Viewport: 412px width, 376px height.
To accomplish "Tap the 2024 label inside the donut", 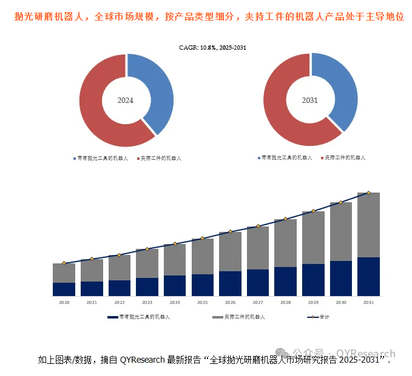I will [x=126, y=101].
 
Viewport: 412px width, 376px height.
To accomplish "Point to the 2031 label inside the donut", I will [x=310, y=101].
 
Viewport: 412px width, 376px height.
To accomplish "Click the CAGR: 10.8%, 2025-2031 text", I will [x=212, y=47].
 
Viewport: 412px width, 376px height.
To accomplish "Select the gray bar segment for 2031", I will [x=368, y=225].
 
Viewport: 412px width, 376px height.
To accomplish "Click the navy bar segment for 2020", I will [x=64, y=289].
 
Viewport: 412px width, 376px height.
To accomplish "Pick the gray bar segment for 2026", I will [x=230, y=251].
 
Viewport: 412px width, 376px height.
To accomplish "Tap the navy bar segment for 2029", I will [x=313, y=280].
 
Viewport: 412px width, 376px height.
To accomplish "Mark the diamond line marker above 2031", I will [x=368, y=193].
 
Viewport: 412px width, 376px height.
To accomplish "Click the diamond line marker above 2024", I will [x=175, y=244].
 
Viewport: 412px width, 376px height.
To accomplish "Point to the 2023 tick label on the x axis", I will [x=147, y=302].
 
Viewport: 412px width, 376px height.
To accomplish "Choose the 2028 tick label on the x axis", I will [x=285, y=302].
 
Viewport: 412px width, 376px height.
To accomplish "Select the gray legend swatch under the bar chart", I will [x=217, y=317].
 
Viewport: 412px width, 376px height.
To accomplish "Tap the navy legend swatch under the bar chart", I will [x=112, y=317].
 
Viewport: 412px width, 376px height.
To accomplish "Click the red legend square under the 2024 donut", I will [x=138, y=158].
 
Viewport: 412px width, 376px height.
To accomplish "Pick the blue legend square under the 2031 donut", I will [x=258, y=157].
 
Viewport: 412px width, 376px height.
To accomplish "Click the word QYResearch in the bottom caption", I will [x=142, y=360].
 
